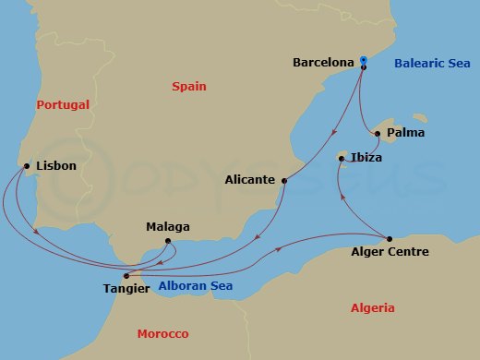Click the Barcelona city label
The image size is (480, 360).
click(x=323, y=63)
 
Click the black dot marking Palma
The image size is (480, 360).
click(x=378, y=134)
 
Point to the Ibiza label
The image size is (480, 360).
click(x=366, y=157)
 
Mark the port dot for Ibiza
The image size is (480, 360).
click(x=342, y=160)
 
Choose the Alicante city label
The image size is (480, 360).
click(x=249, y=180)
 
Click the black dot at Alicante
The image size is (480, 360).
click(x=283, y=181)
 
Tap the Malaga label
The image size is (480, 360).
click(x=168, y=226)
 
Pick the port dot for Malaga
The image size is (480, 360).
click(x=168, y=242)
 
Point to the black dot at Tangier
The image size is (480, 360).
click(x=126, y=274)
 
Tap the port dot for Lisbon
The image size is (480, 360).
click(x=25, y=166)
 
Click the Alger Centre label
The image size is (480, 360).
click(x=390, y=251)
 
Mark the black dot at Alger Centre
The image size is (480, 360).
click(x=390, y=238)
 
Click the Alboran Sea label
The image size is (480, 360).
click(x=196, y=286)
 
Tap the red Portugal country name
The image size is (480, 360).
click(x=63, y=105)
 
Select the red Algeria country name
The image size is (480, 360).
click(x=372, y=308)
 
